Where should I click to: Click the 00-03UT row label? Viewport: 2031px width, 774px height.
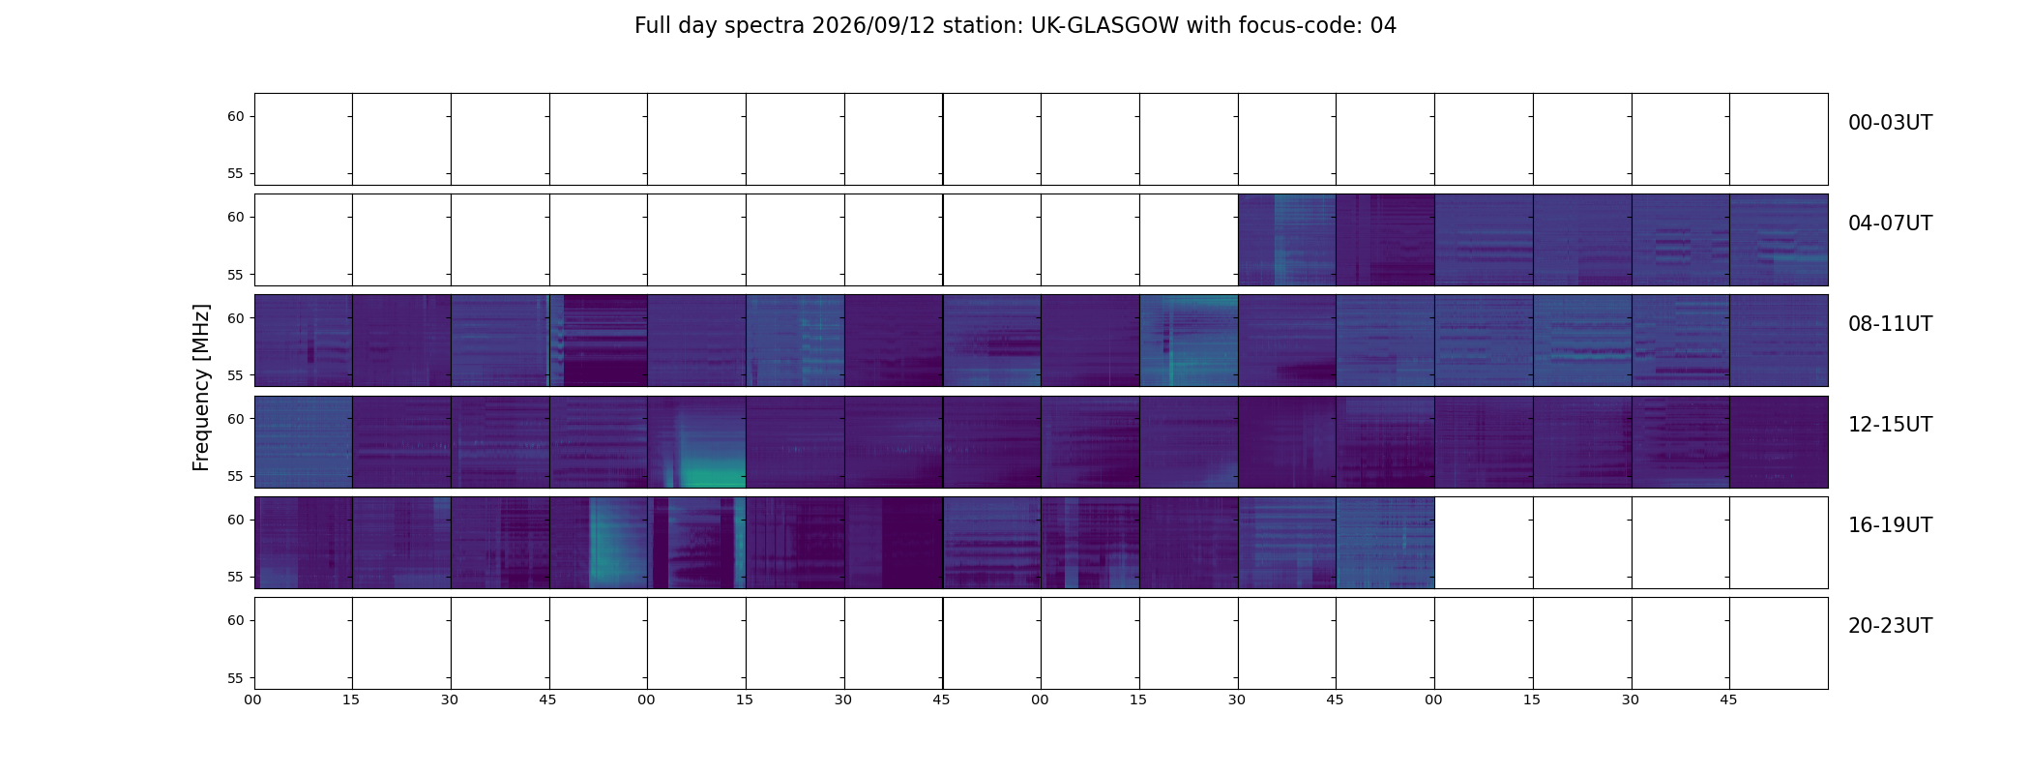1890,123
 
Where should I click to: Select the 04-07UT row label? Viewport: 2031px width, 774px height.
1890,223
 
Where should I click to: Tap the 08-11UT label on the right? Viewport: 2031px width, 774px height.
1890,324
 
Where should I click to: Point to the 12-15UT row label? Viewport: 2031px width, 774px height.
1890,425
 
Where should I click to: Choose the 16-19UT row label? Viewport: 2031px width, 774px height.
1890,525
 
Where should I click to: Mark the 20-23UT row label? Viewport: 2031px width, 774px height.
1890,626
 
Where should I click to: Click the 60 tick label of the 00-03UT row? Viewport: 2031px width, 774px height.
236,117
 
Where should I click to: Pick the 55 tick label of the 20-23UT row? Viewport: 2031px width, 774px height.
236,678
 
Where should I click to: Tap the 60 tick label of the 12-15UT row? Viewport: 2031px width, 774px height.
236,419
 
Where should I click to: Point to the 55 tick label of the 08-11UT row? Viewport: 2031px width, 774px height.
236,375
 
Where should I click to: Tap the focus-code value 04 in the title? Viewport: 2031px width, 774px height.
1383,26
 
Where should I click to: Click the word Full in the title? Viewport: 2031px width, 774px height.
653,26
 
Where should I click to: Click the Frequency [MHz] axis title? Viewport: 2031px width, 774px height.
201,387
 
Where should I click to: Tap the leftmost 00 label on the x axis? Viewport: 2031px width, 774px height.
253,700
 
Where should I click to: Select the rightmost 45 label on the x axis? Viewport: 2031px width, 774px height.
1728,700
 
